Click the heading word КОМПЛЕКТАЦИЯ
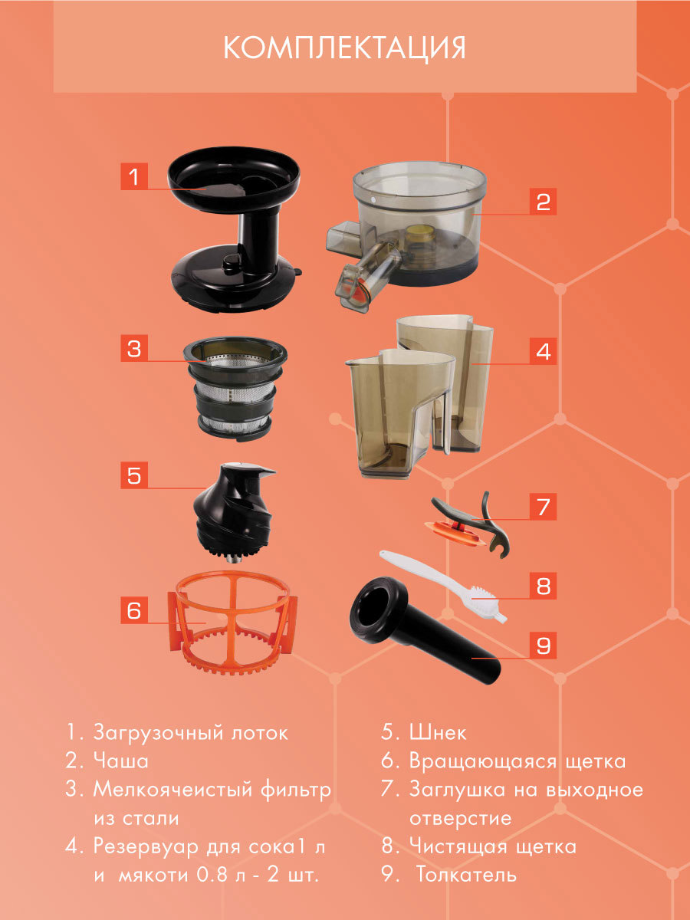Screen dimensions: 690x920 (344, 48)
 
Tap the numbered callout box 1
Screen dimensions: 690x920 (134, 176)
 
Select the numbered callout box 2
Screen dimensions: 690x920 (543, 202)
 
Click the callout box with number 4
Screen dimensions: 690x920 (543, 351)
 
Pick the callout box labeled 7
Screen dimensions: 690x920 (543, 506)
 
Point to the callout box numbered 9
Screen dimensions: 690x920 (543, 646)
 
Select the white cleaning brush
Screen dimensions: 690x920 (443, 586)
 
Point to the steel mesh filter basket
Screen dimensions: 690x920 (235, 389)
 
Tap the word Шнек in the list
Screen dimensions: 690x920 (437, 732)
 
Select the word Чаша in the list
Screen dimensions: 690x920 (120, 761)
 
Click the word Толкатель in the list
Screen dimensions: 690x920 (466, 875)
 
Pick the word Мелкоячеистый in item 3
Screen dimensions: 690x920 (171, 789)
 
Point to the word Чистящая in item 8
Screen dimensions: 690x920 (457, 846)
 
